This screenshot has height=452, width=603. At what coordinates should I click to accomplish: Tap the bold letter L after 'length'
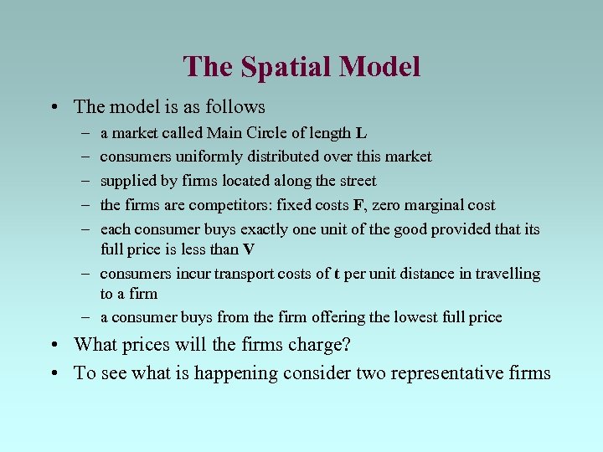click(x=361, y=133)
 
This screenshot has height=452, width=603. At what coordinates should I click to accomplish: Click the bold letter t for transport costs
click(x=336, y=274)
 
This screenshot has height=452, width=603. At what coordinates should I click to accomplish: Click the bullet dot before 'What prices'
click(x=54, y=345)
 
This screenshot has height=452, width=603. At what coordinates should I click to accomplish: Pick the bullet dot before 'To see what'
click(x=54, y=372)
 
